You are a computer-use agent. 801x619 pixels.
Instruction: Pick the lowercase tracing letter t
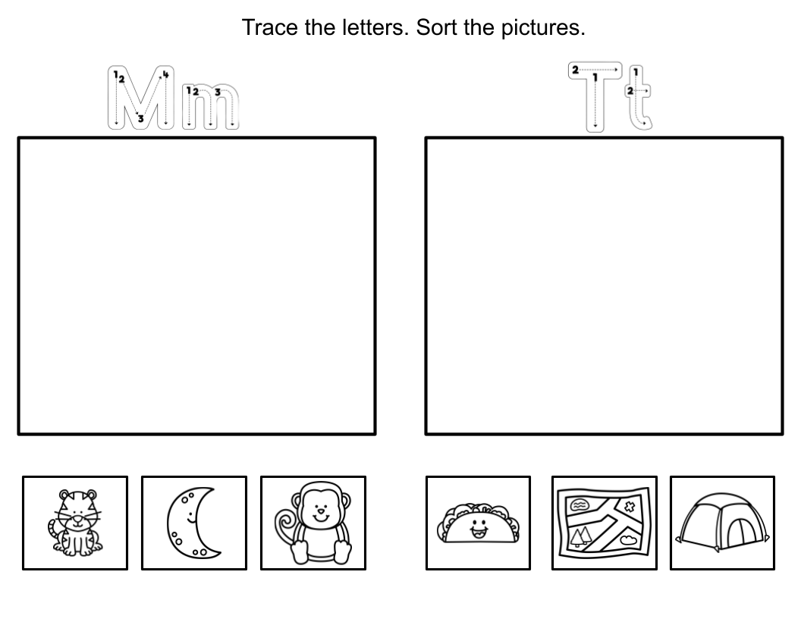click(639, 100)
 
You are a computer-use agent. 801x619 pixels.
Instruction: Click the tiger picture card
click(74, 522)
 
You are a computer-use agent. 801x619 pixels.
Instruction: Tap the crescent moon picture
click(193, 522)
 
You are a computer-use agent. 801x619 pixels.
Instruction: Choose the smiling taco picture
click(478, 523)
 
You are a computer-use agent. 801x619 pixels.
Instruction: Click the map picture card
click(604, 523)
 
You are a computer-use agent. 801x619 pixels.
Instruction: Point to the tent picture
click(722, 523)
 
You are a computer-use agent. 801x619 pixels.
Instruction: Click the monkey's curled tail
click(285, 523)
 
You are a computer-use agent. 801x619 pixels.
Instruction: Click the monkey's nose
click(320, 511)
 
